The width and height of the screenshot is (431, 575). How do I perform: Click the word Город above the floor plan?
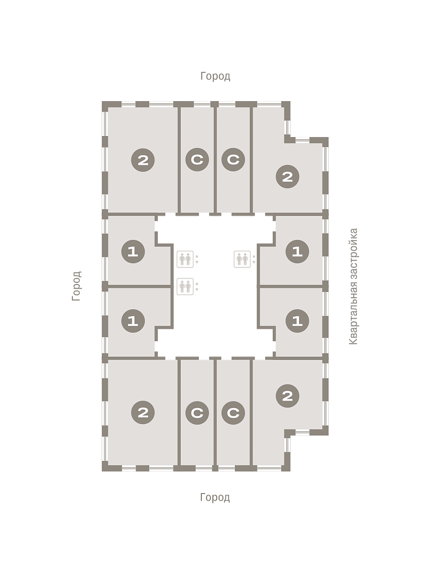pos(215,76)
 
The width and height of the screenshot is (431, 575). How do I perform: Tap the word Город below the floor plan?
pos(215,497)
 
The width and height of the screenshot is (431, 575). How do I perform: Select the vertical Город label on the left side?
pos(76,286)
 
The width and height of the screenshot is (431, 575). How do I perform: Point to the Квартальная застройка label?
pos(353,287)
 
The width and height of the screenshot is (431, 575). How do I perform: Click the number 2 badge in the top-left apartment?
pos(143,160)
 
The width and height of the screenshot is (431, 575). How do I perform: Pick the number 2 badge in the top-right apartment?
pos(288,176)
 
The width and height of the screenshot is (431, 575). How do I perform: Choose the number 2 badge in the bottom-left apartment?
pos(143,412)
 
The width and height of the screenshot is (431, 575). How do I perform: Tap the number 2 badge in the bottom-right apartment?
pos(288,396)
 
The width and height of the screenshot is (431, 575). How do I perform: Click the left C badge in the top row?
pos(197,160)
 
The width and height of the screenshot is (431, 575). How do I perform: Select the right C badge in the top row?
pos(233,160)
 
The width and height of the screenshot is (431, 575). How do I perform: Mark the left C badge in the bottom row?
pos(197,413)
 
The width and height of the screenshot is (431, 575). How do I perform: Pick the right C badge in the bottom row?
pos(233,413)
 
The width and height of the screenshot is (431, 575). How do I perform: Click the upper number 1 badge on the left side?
pos(133,252)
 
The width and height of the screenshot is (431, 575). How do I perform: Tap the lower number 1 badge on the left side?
pos(133,321)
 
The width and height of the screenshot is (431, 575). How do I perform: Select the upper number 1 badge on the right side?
pos(297,252)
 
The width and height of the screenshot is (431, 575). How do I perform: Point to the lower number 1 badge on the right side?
pos(297,321)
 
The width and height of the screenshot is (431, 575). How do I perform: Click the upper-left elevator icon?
pos(185,259)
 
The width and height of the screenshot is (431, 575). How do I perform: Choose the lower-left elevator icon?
pos(185,287)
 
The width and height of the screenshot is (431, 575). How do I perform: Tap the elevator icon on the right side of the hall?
pos(242,259)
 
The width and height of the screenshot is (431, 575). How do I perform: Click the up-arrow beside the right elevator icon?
pos(254,256)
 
